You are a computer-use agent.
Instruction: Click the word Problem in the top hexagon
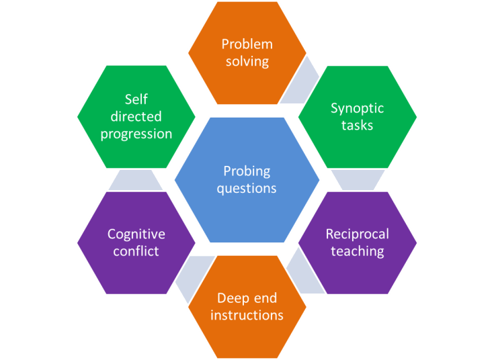[x=247, y=44]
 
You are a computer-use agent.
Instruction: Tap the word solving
[x=247, y=61]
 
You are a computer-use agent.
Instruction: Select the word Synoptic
[x=357, y=107]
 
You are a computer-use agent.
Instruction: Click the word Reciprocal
[x=357, y=234]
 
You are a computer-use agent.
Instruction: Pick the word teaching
[x=357, y=251]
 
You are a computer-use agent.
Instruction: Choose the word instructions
[x=247, y=314]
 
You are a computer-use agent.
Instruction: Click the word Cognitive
[x=136, y=234]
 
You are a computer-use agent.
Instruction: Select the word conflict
[x=136, y=251]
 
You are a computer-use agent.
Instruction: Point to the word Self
[x=136, y=99]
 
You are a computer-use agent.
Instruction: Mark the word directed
[x=136, y=116]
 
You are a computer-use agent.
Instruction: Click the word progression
[x=136, y=133]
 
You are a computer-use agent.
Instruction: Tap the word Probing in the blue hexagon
[x=247, y=171]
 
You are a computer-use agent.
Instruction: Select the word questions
[x=247, y=188]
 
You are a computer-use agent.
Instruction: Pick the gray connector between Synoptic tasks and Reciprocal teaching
[x=357, y=179]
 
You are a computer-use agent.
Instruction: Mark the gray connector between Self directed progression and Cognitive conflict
[x=136, y=179]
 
